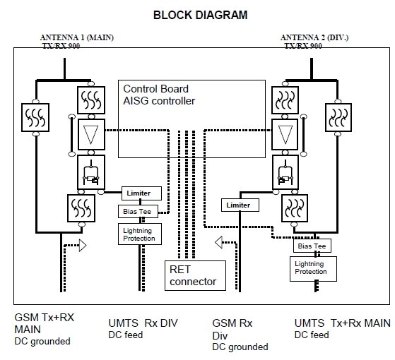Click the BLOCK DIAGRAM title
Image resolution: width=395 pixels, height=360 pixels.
(200, 15)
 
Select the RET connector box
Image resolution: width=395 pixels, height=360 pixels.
(195, 275)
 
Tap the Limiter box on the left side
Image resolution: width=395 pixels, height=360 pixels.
(141, 193)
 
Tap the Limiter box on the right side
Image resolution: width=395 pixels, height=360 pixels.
(240, 205)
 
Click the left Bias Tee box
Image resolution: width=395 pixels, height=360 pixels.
(138, 211)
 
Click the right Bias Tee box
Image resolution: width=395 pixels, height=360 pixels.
(312, 246)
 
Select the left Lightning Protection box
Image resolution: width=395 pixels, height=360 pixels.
(140, 234)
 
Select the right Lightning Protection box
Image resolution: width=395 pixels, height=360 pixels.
(313, 269)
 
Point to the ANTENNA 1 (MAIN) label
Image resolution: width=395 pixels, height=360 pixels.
(77, 37)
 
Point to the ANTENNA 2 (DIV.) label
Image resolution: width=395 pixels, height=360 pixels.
(314, 37)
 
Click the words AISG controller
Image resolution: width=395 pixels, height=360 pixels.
(159, 101)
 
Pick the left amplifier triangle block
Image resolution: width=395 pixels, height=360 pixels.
(91, 135)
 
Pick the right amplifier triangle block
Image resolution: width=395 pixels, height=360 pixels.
(285, 135)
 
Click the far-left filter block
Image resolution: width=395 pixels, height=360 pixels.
(35, 117)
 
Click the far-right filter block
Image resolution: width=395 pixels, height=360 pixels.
(338, 117)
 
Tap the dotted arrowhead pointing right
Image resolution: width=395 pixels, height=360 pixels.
(83, 245)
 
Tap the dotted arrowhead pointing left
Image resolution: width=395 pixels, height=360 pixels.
(218, 242)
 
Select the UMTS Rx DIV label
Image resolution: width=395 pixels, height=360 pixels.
(143, 323)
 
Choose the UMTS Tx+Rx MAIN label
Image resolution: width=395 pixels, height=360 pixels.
(342, 323)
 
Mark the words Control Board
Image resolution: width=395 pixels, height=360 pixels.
(155, 89)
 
